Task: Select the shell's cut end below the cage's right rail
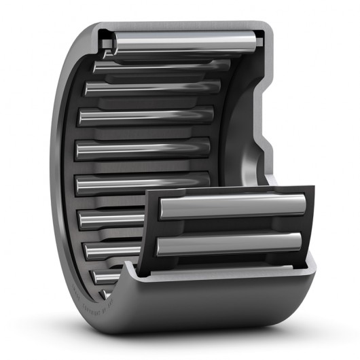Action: pos(309,272)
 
